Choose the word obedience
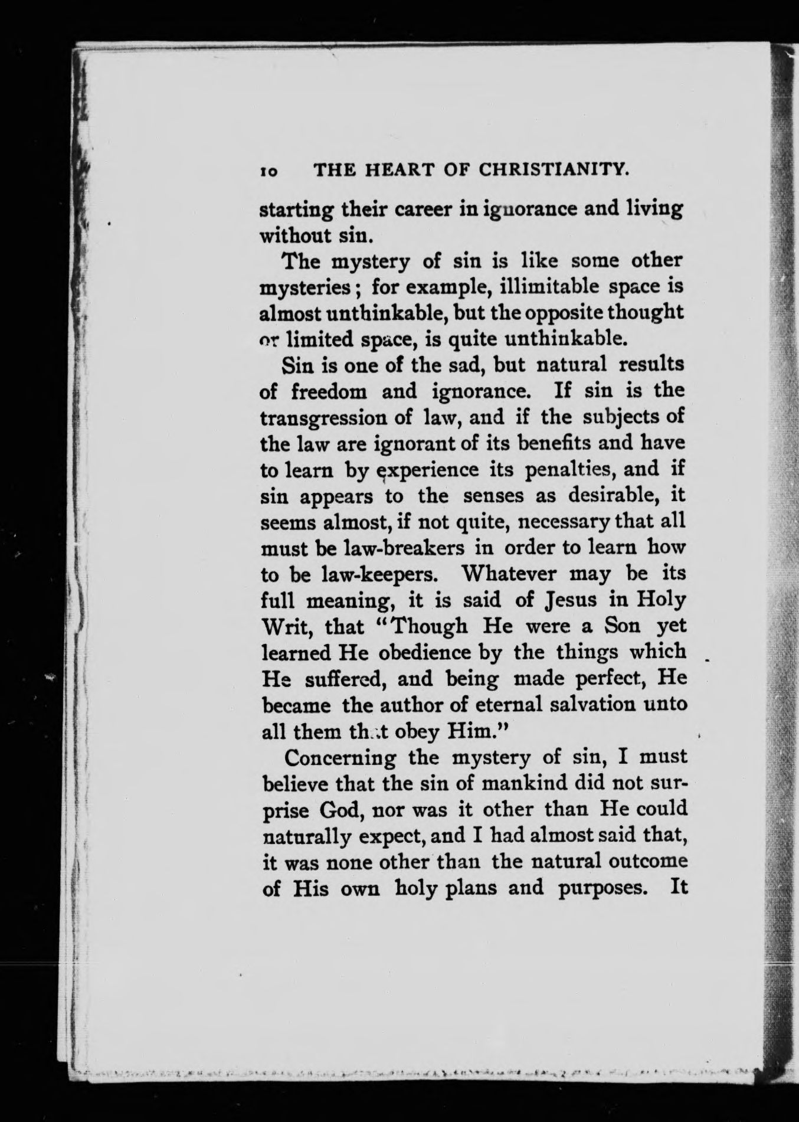424,652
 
